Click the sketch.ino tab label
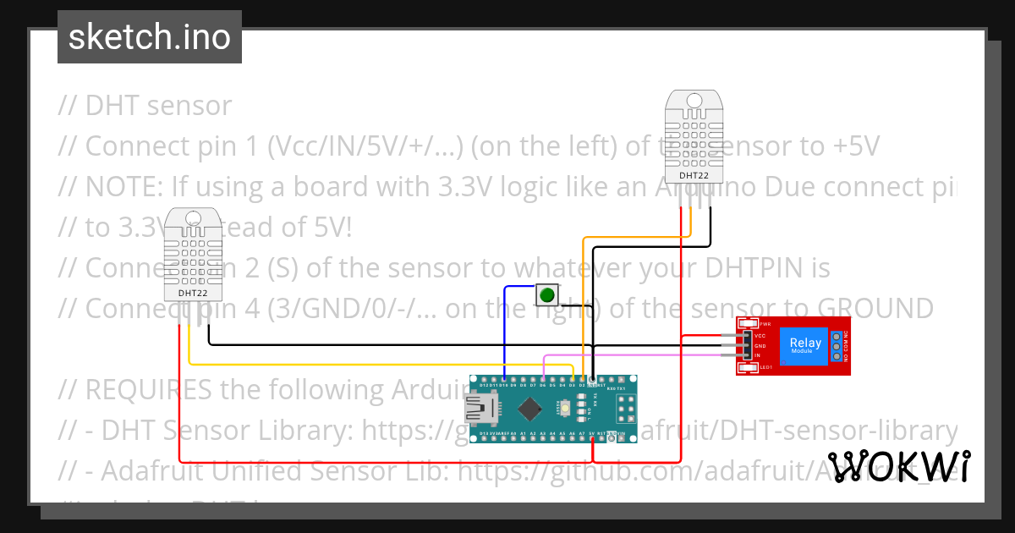(x=149, y=37)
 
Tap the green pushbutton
(x=547, y=295)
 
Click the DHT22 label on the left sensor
(x=193, y=294)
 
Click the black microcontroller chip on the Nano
(x=529, y=409)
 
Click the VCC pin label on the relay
(x=760, y=336)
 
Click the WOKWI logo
(x=898, y=467)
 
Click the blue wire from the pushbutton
(x=505, y=330)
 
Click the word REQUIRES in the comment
(x=150, y=390)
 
